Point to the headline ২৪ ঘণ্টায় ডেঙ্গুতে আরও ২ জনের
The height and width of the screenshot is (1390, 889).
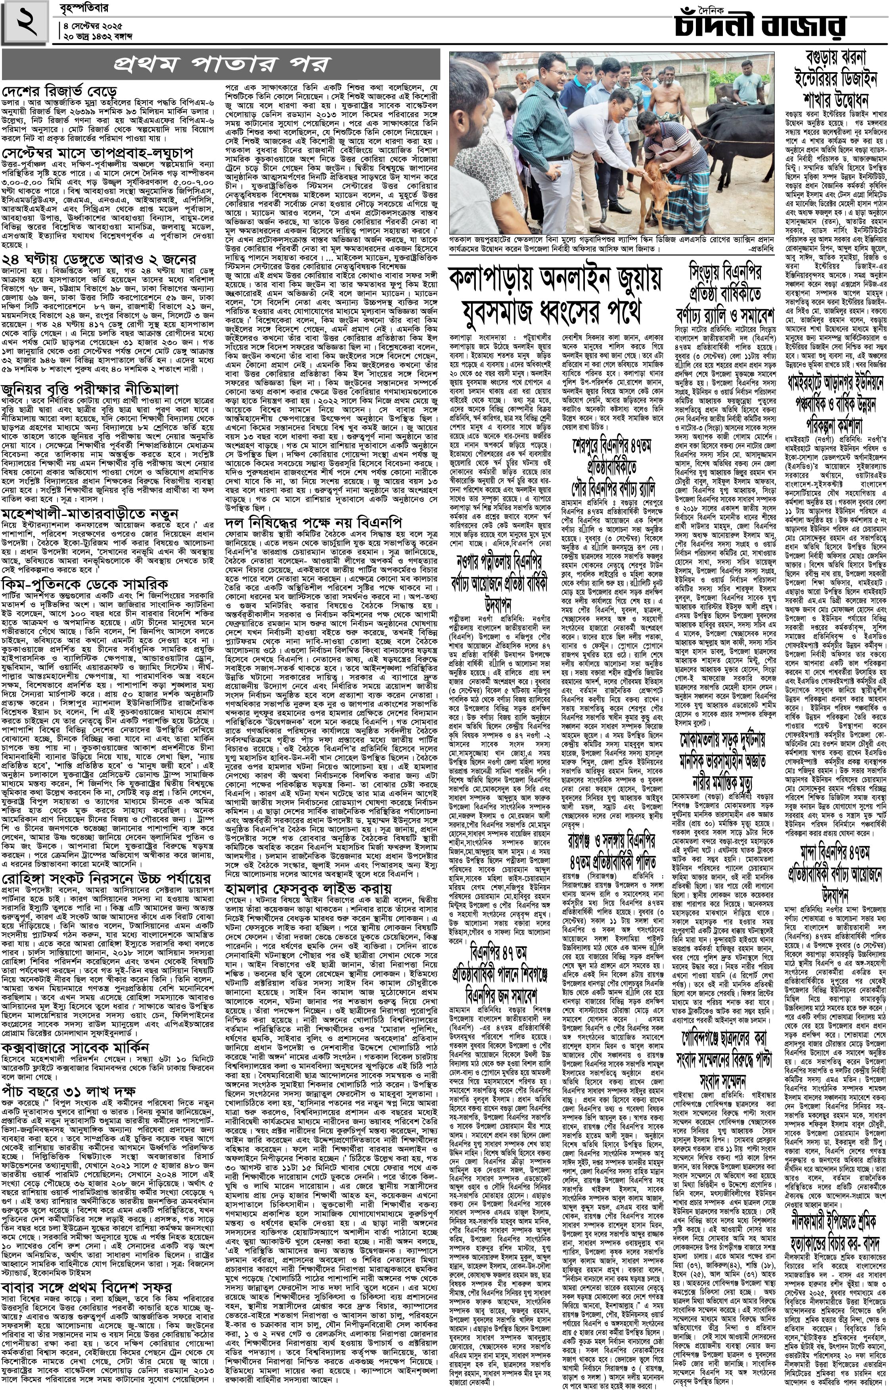tap(99, 259)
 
